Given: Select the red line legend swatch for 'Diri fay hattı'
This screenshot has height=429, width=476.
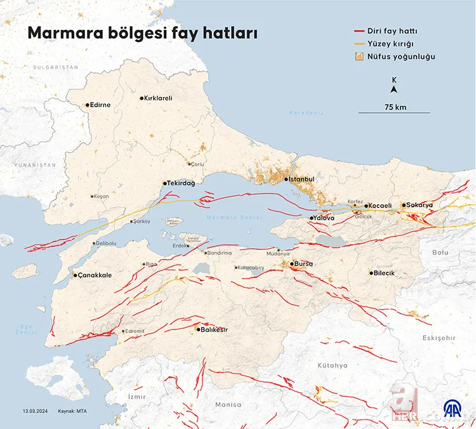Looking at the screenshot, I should click(x=363, y=30).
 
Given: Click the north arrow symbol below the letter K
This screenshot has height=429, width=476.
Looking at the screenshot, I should click(x=394, y=89).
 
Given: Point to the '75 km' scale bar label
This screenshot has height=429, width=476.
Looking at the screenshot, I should click(x=395, y=107).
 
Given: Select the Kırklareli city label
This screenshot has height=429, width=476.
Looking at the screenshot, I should click(x=159, y=98).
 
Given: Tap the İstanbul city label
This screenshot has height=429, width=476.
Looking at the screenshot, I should click(x=302, y=180).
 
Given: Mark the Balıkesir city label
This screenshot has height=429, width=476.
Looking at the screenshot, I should click(x=215, y=329).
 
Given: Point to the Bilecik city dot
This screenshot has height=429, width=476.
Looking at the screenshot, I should click(x=371, y=273).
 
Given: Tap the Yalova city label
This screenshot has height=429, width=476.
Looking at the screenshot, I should click(x=324, y=218).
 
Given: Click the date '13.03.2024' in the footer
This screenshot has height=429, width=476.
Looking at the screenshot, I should click(x=36, y=411).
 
